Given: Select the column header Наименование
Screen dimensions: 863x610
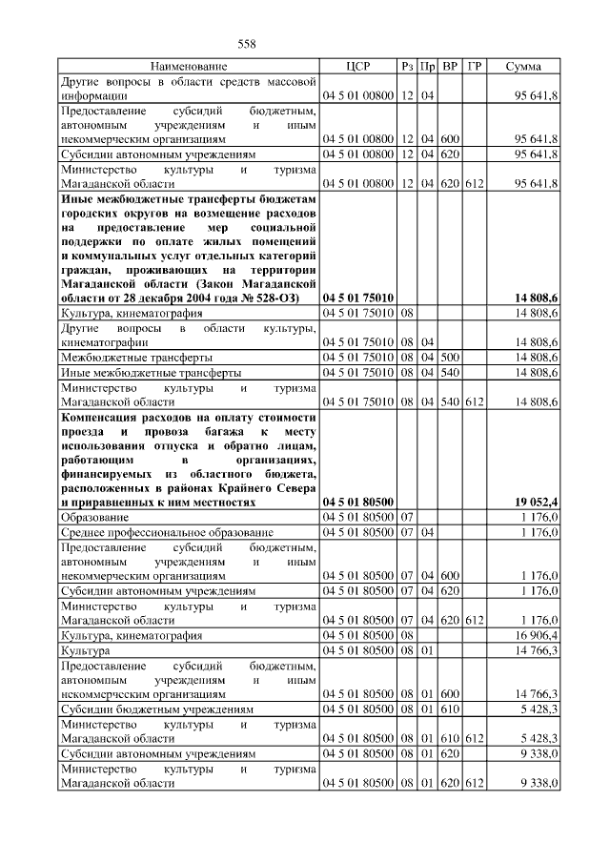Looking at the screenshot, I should pyautogui.click(x=188, y=67).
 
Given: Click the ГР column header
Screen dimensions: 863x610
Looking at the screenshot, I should pyautogui.click(x=475, y=67).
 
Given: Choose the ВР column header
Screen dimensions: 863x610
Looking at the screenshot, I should pyautogui.click(x=450, y=67).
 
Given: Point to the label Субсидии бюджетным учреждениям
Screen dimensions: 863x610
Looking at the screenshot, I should pyautogui.click(x=157, y=710).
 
